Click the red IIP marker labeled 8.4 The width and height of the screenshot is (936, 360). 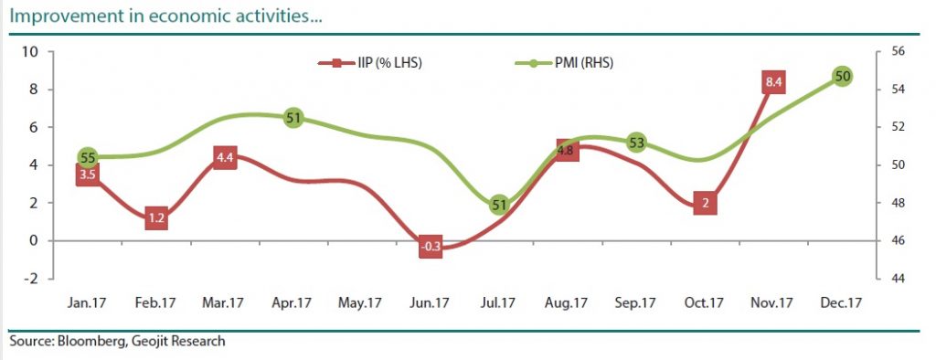pyautogui.click(x=773, y=83)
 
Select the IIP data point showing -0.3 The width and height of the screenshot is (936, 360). pyautogui.click(x=431, y=247)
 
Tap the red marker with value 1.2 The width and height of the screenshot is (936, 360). pyautogui.click(x=156, y=218)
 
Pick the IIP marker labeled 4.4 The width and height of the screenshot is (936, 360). pyautogui.click(x=225, y=157)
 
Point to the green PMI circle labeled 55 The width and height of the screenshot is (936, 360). pyautogui.click(x=88, y=157)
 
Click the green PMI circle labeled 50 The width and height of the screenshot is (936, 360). pyautogui.click(x=843, y=76)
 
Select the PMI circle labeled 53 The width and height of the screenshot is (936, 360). pyautogui.click(x=637, y=143)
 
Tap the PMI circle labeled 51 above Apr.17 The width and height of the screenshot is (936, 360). pyautogui.click(x=293, y=118)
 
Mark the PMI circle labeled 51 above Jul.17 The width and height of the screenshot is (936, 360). pyautogui.click(x=499, y=205)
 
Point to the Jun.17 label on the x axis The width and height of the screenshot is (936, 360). pyautogui.click(x=431, y=302)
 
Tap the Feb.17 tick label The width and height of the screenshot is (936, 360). pyautogui.click(x=156, y=302)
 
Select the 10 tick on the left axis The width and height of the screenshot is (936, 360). pyautogui.click(x=29, y=51)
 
